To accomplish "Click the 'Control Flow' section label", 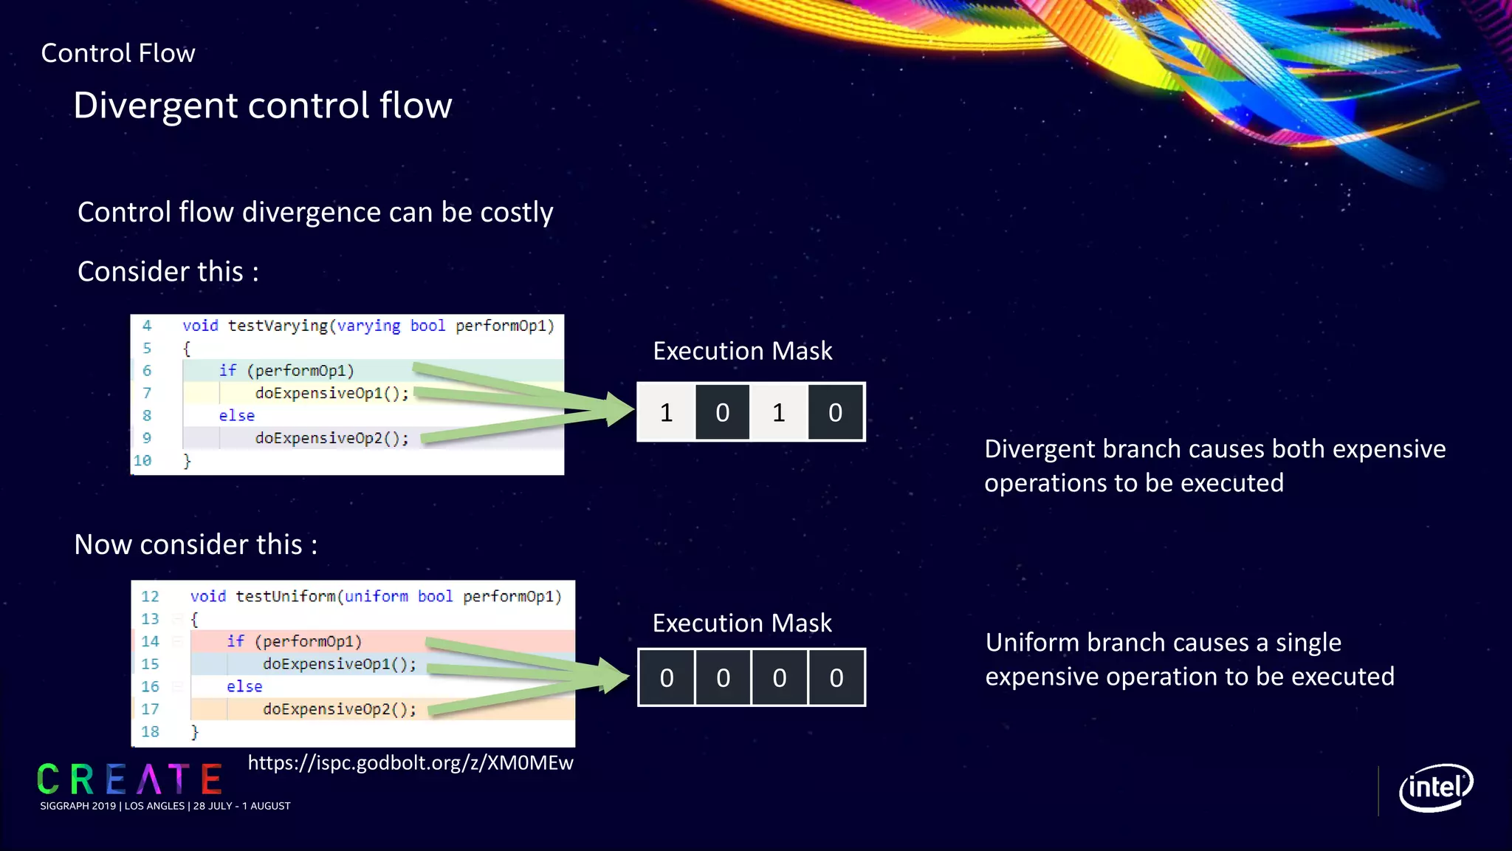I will tap(118, 53).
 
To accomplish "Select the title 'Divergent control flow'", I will tap(262, 105).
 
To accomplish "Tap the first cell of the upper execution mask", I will tap(666, 412).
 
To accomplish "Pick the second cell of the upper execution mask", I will tap(722, 412).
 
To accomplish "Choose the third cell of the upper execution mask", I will tap(779, 412).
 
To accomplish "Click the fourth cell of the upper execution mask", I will tap(835, 412).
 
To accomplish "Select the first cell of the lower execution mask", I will tap(667, 677).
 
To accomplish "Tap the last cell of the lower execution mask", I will tap(836, 677).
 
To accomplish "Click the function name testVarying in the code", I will tap(277, 326).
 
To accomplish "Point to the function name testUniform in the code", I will tap(285, 596).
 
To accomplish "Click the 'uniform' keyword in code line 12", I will tap(376, 596).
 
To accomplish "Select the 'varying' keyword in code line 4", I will tap(368, 326).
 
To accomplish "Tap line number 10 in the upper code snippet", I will tap(142, 460).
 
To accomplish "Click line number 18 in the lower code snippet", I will tap(150, 731).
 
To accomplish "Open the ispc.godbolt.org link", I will tap(410, 762).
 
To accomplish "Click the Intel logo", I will tap(1435, 787).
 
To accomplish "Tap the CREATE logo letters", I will tap(130, 779).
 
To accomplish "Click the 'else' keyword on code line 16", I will tap(244, 686).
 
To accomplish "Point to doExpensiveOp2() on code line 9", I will tap(331, 438).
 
